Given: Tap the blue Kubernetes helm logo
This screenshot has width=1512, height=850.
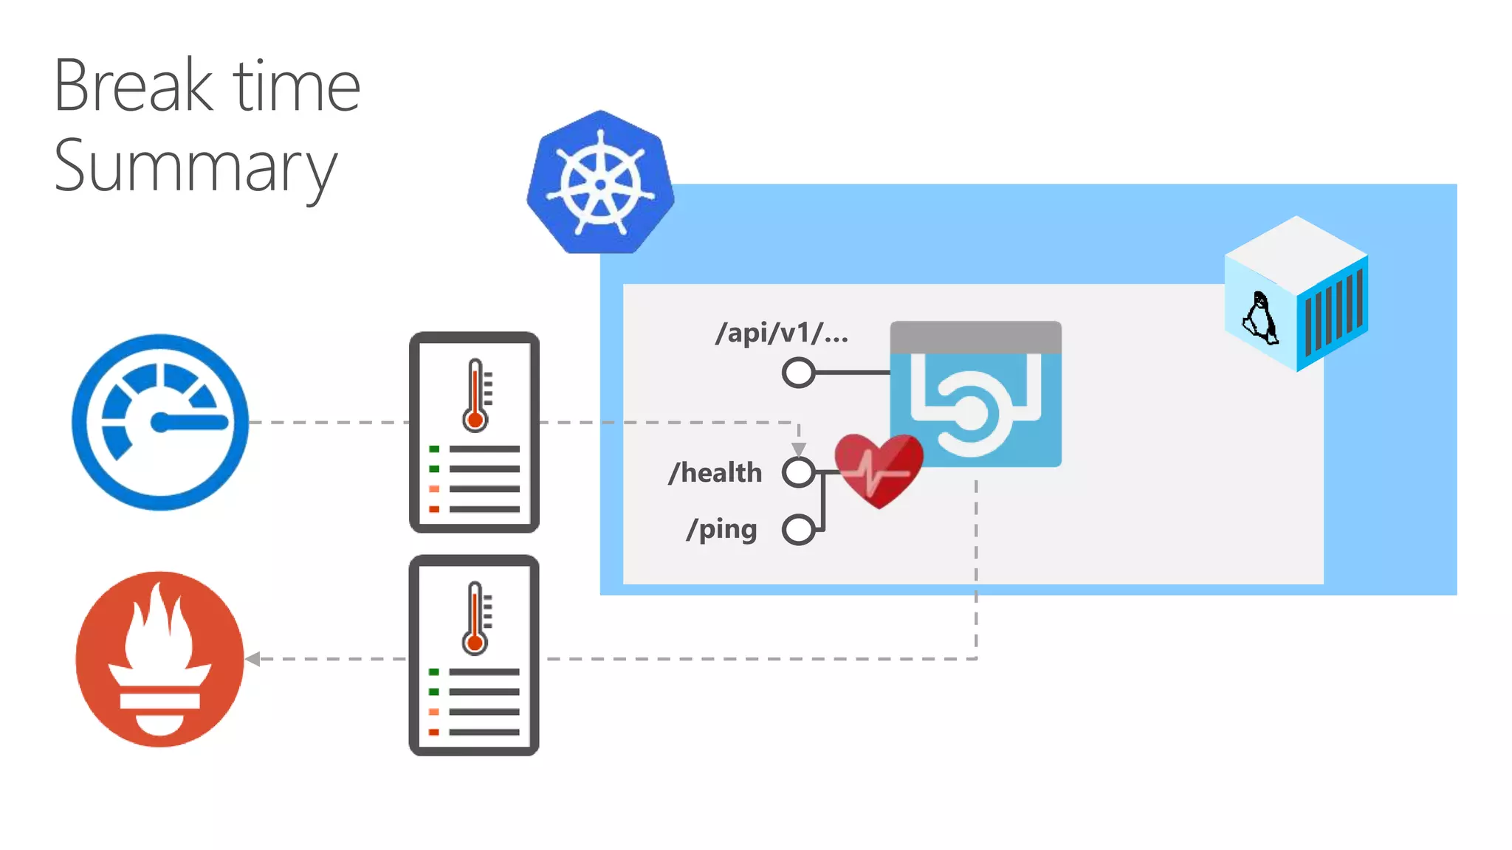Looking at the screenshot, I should tap(600, 183).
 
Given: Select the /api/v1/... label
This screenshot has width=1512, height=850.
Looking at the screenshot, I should tap(782, 333).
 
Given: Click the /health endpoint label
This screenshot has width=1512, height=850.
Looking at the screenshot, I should tap(715, 472).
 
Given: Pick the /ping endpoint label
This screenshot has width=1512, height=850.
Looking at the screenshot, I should tap(721, 529).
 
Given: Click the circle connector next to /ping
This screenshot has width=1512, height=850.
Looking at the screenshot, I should tap(798, 529).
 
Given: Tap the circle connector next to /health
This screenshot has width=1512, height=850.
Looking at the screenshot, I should tap(798, 472).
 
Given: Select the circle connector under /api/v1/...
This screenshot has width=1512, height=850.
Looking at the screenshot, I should tap(798, 373).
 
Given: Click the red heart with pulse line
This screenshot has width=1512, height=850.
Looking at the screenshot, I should tap(879, 469).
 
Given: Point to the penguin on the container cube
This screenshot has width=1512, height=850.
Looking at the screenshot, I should tap(1260, 318).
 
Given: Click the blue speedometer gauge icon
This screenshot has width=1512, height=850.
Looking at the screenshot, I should tap(160, 422).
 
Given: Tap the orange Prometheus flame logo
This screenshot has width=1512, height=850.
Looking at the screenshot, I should tap(160, 659).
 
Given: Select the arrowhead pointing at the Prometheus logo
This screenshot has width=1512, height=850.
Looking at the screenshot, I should tap(253, 659).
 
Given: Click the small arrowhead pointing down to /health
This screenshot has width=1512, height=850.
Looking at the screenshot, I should tap(798, 449).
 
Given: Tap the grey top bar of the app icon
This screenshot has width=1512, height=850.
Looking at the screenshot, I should tap(975, 337).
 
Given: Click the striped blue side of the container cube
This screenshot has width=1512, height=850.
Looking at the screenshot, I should tap(1333, 313).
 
